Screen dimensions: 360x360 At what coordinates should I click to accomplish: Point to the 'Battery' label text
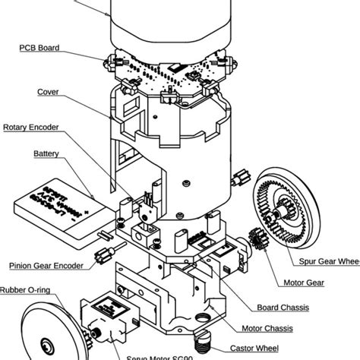46,153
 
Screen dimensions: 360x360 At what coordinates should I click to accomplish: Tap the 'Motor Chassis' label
267,329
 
